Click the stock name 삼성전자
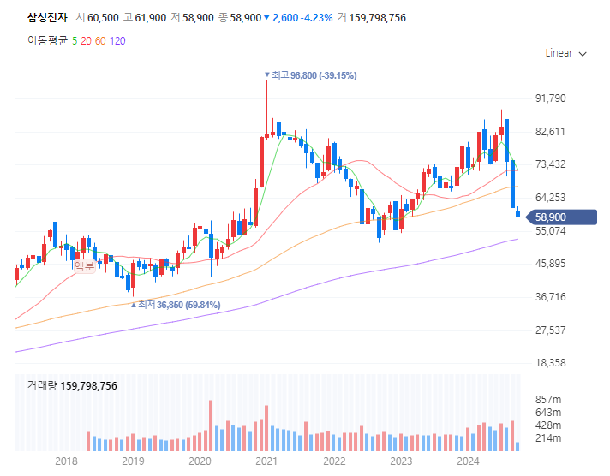click(x=47, y=18)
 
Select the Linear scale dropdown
click(x=565, y=53)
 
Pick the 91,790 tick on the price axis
click(x=551, y=98)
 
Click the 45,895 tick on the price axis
click(x=551, y=264)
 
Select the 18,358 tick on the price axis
click(x=551, y=363)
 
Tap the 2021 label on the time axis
click(x=266, y=462)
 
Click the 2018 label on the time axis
click(x=66, y=462)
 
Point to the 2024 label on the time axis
click(x=468, y=462)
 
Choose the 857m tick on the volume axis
click(x=548, y=400)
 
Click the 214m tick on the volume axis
click(x=548, y=438)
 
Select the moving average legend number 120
click(x=117, y=40)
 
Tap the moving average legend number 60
click(x=100, y=40)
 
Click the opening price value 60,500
click(x=103, y=18)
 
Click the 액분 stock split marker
click(x=84, y=266)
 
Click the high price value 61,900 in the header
click(x=151, y=18)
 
